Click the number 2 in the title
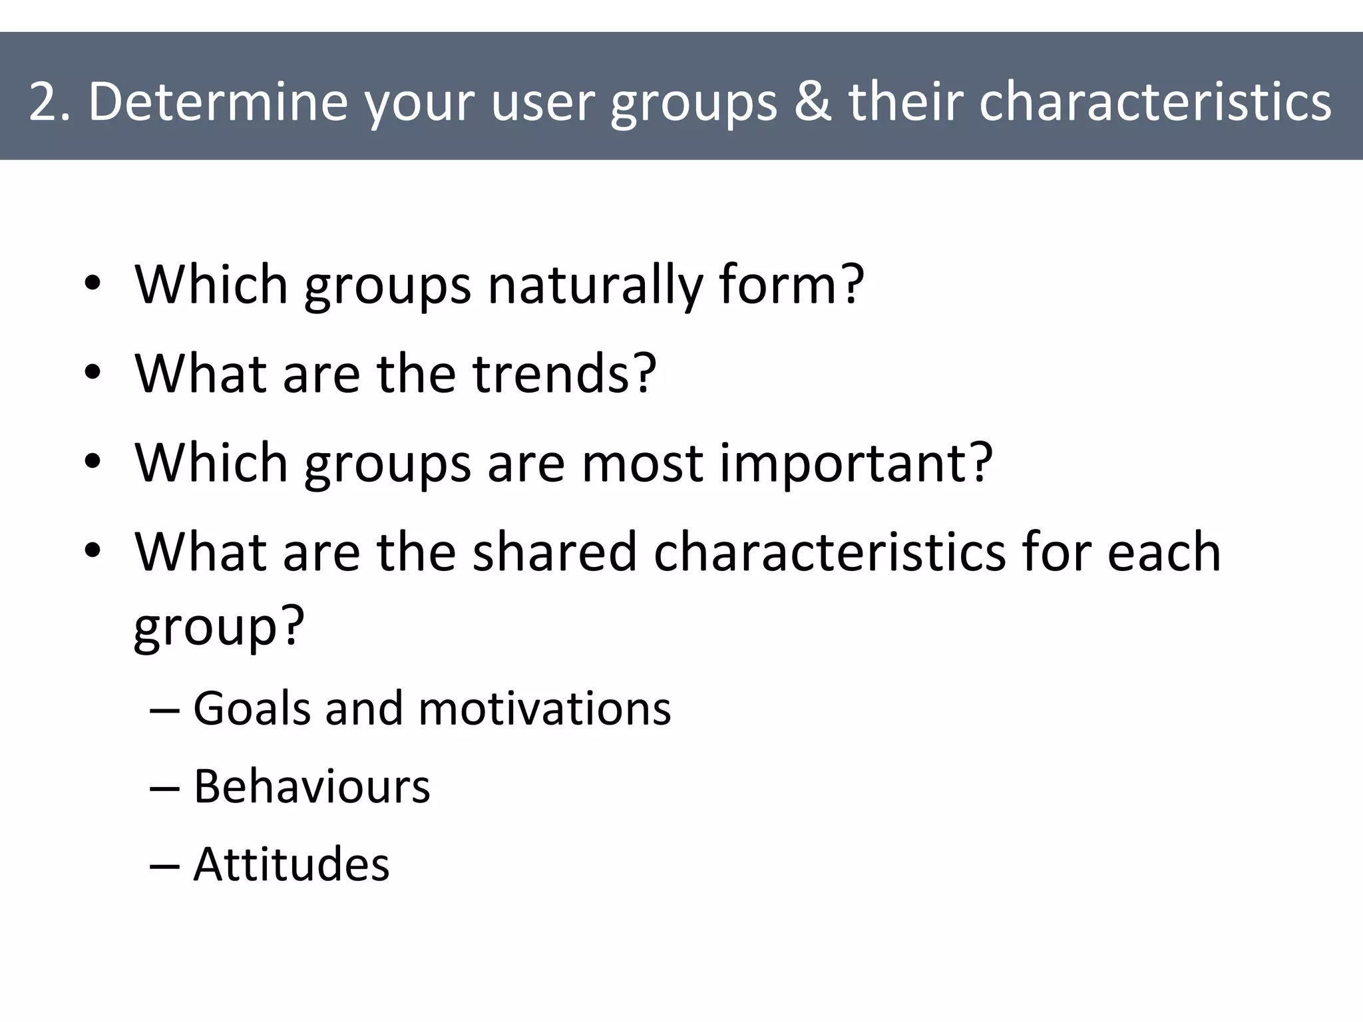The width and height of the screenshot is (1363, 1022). [44, 102]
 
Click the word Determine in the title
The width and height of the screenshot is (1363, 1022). [218, 102]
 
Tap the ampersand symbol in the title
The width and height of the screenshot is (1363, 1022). [812, 102]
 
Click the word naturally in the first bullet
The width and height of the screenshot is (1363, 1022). [594, 285]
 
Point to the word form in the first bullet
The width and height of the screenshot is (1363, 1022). [791, 285]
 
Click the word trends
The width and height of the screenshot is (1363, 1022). [564, 373]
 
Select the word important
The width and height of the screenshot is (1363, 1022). [856, 463]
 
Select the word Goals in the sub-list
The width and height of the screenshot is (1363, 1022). [252, 708]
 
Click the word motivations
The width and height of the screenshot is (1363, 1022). [544, 708]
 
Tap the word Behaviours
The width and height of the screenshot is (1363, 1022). [311, 786]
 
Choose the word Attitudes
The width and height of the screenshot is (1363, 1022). [291, 864]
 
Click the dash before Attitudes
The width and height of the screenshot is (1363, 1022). [164, 866]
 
